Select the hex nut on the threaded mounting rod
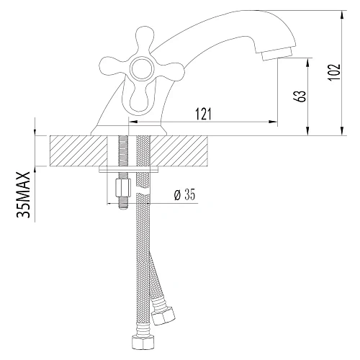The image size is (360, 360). tap(121, 191)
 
